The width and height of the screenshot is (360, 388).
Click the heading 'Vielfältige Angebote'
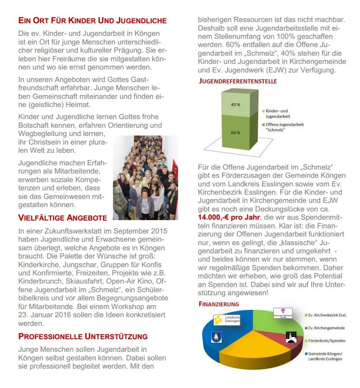pyautogui.click(x=63, y=218)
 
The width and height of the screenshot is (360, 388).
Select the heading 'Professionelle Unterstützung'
pyautogui.click(x=83, y=336)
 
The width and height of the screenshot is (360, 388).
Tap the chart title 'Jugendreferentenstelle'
pyautogui.click(x=238, y=81)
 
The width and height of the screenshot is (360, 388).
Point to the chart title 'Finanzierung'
pyautogui.click(x=219, y=304)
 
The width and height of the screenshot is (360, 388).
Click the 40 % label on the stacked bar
pyautogui.click(x=235, y=105)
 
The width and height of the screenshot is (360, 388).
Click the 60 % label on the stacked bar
pyautogui.click(x=235, y=132)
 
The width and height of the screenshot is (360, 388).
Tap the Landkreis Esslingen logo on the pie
pyautogui.click(x=226, y=320)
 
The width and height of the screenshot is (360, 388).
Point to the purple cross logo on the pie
pyautogui.click(x=282, y=313)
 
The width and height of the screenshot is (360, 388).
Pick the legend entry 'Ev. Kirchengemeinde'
pyautogui.click(x=326, y=328)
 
